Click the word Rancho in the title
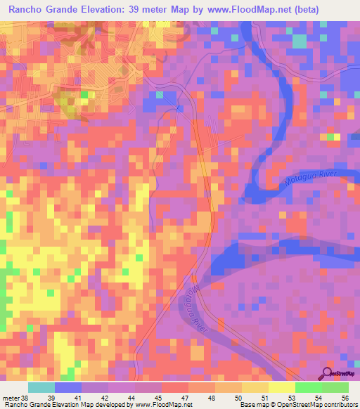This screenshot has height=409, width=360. point(27,10)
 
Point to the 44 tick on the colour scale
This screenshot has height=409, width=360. point(132,398)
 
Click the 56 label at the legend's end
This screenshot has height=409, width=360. point(344,398)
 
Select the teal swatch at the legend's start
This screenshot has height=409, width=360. point(41,387)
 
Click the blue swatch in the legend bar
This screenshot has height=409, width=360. point(68,387)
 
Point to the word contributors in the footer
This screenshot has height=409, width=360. point(340,405)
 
